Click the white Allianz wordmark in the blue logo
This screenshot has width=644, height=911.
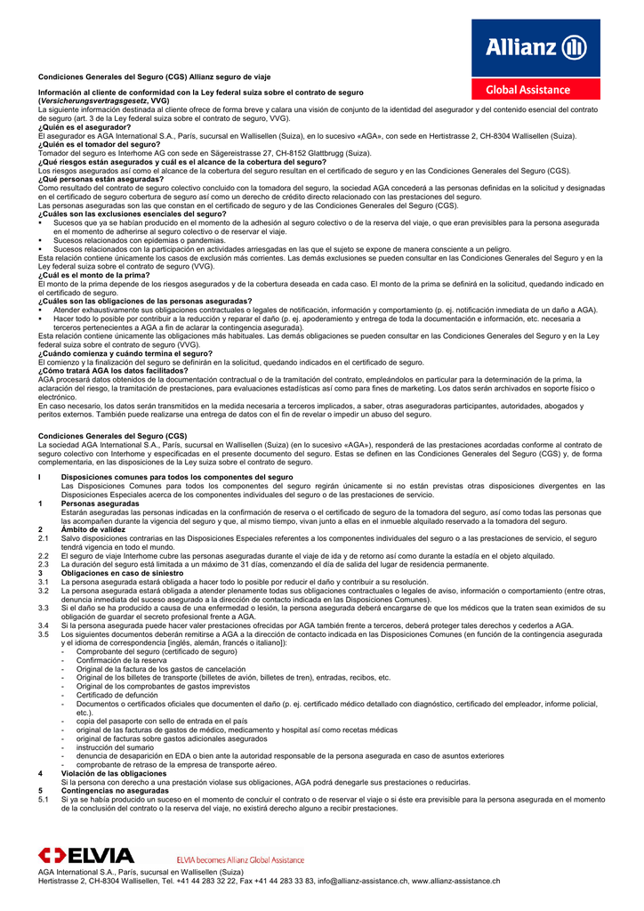[x=522, y=45]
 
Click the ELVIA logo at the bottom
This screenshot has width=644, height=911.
[x=85, y=856]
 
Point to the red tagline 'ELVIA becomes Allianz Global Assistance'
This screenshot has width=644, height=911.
[x=240, y=860]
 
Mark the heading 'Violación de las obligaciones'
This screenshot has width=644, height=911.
[x=116, y=773]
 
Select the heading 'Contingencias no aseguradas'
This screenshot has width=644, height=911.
[x=115, y=790]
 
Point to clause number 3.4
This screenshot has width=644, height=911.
[x=43, y=625]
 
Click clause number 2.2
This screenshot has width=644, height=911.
[x=43, y=554]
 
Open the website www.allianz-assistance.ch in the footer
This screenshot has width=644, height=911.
[x=465, y=881]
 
